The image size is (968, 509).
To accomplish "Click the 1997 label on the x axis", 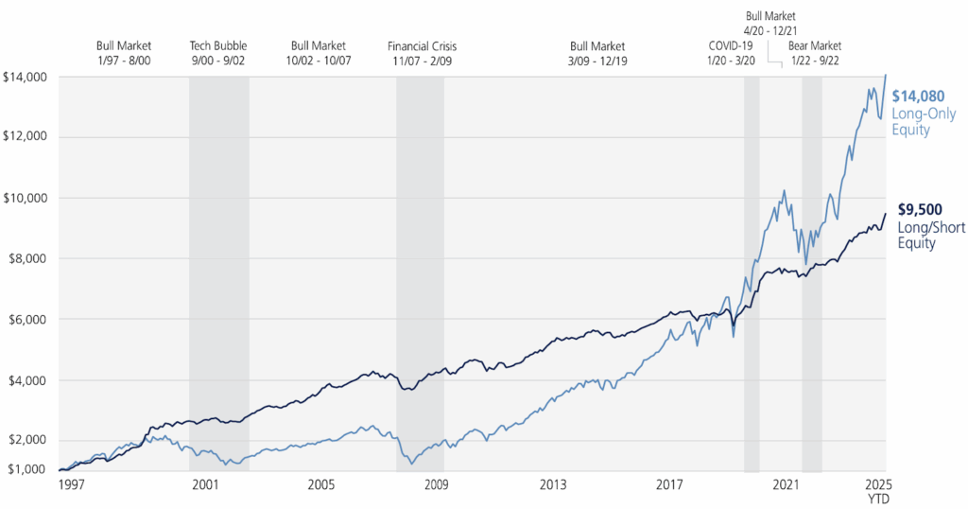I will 72,484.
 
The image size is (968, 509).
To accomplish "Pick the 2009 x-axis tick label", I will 436,484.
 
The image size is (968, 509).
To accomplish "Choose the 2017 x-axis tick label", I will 669,484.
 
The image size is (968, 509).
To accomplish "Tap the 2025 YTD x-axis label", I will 885,490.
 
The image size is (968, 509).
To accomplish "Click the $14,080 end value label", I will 918,96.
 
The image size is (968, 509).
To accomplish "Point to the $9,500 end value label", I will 918,211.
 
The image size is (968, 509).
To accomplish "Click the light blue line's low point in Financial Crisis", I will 411,464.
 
